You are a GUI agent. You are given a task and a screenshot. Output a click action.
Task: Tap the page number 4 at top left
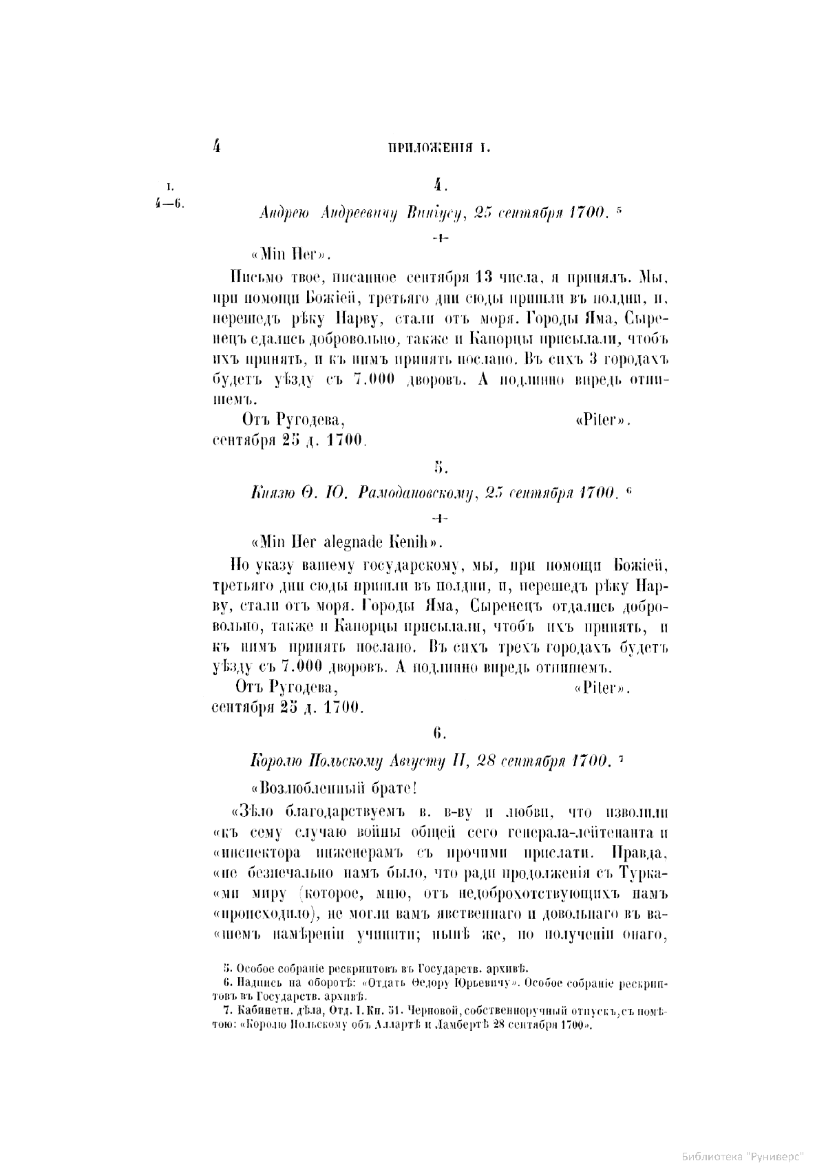[216, 145]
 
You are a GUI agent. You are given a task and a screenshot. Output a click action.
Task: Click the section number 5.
[441, 468]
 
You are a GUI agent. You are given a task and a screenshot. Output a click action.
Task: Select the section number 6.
[441, 734]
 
